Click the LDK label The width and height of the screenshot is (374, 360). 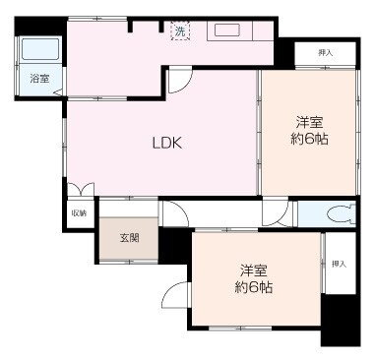point(166,142)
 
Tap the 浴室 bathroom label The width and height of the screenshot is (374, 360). point(39,78)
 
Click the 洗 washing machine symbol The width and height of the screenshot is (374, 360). point(180,32)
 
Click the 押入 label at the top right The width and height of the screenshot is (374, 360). point(324,51)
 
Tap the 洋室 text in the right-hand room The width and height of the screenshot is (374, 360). point(310,122)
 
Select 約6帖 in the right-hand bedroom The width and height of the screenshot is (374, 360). point(310,140)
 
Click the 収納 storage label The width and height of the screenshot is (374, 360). point(78,212)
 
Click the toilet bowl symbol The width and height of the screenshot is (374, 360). point(341,213)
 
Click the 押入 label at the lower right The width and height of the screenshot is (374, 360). point(339,264)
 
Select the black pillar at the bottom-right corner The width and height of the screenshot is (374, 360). point(342,323)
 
